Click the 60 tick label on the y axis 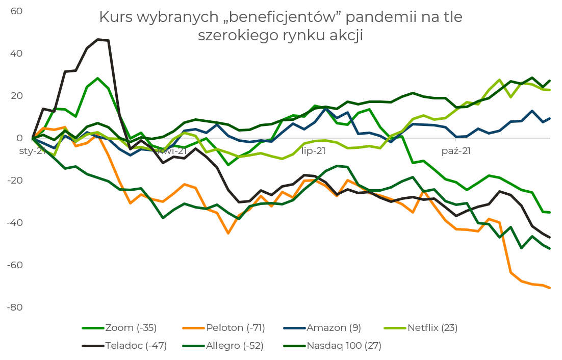17,11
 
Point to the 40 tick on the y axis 17,53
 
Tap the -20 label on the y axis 16,181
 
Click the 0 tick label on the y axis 19,138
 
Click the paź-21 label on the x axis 455,151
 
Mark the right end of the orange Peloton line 550,288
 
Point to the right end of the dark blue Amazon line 550,118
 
